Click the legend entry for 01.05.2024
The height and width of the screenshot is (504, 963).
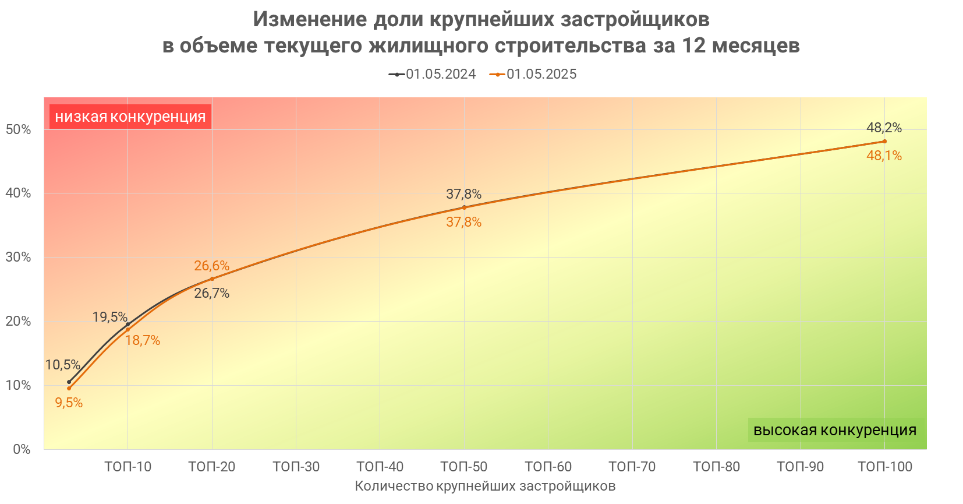(433, 75)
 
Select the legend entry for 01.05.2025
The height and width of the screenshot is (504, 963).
(533, 75)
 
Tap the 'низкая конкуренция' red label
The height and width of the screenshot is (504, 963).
(130, 117)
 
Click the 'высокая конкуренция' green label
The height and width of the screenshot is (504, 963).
(834, 430)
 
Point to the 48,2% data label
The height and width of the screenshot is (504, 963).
(884, 128)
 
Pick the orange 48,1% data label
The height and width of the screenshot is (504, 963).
(884, 156)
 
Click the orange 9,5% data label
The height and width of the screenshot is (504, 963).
(69, 403)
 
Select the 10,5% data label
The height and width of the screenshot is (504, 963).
(62, 365)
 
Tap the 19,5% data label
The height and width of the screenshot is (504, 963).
(109, 317)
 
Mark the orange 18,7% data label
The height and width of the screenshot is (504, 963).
(143, 340)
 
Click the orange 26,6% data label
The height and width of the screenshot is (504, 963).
(211, 266)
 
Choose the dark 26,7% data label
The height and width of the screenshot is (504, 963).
(211, 293)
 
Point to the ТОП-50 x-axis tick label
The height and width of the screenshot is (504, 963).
(463, 467)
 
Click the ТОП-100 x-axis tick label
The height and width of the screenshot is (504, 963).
(885, 467)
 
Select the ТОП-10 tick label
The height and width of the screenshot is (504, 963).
(128, 467)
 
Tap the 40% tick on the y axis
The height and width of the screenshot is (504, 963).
(18, 193)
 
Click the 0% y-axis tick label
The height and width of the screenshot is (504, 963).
(22, 449)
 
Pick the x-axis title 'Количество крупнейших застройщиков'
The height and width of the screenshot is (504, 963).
(485, 486)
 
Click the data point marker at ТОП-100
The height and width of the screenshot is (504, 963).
(884, 141)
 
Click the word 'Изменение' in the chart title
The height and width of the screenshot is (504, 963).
(310, 19)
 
